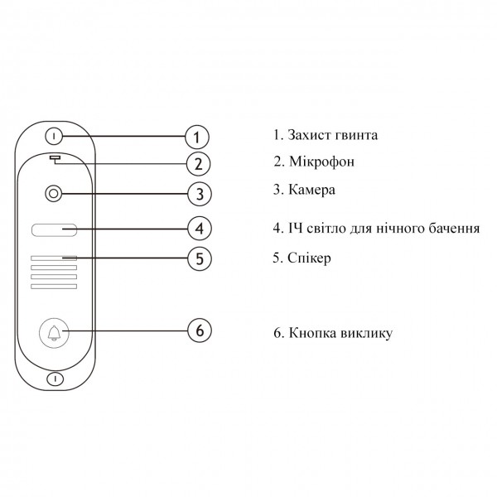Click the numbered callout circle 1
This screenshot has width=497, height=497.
(x=197, y=137)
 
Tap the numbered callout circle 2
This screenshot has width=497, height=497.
(x=199, y=164)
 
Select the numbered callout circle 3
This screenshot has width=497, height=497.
(x=200, y=194)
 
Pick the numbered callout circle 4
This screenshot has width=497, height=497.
(x=200, y=229)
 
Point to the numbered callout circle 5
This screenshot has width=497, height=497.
(x=200, y=258)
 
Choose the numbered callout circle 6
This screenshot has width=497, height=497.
(x=200, y=331)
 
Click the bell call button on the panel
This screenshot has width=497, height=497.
(x=54, y=333)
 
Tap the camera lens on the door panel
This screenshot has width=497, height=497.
(x=54, y=193)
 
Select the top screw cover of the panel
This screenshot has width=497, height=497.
(x=54, y=137)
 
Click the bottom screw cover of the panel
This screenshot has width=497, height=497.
(x=55, y=379)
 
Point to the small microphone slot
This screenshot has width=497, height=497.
(x=55, y=157)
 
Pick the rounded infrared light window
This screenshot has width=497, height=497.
(x=54, y=229)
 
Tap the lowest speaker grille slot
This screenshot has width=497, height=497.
(x=54, y=287)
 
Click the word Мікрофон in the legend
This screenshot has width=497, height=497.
(x=321, y=162)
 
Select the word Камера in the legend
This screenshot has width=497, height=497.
(x=311, y=190)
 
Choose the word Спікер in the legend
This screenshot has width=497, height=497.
(x=309, y=258)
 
